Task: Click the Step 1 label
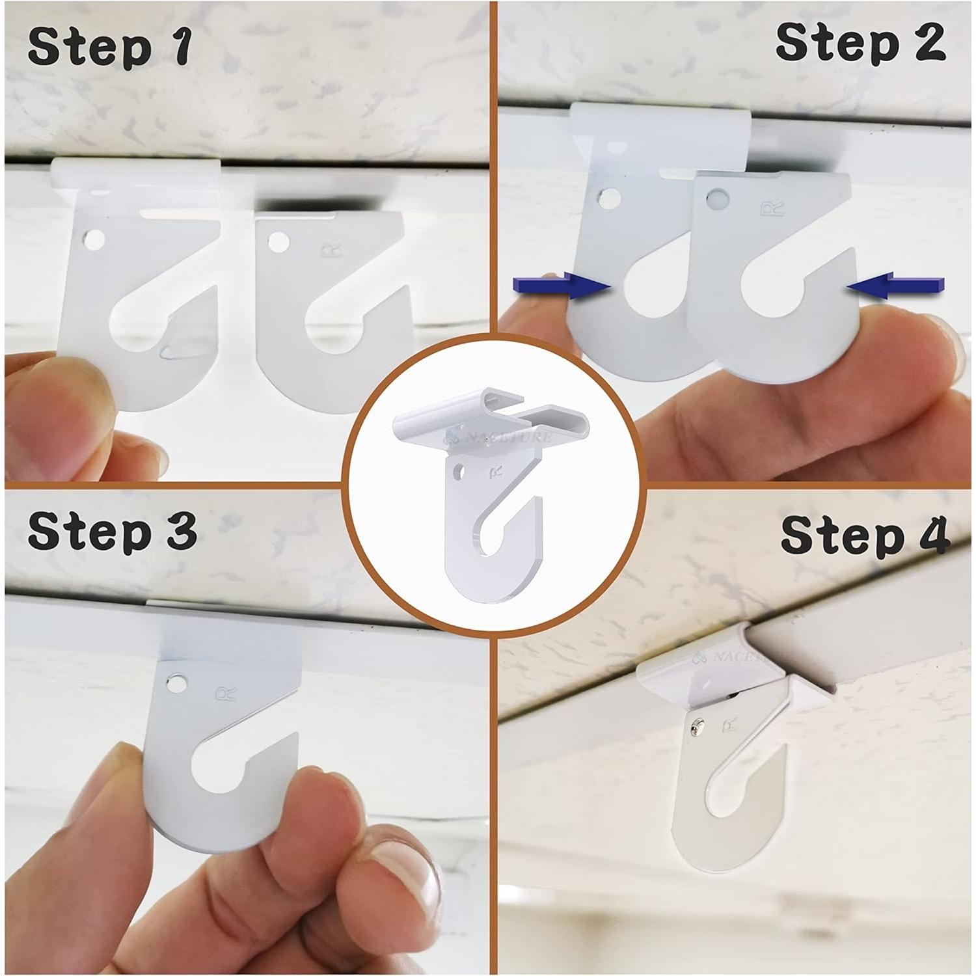coord(109,47)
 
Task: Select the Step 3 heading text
coord(112,532)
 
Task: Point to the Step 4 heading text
coord(865,535)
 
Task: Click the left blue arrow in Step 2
coord(562,286)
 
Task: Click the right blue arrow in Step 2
coord(896,286)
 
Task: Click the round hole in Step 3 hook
coord(174,683)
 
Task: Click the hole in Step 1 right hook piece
coord(278,243)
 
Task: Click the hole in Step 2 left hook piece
coord(610,198)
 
